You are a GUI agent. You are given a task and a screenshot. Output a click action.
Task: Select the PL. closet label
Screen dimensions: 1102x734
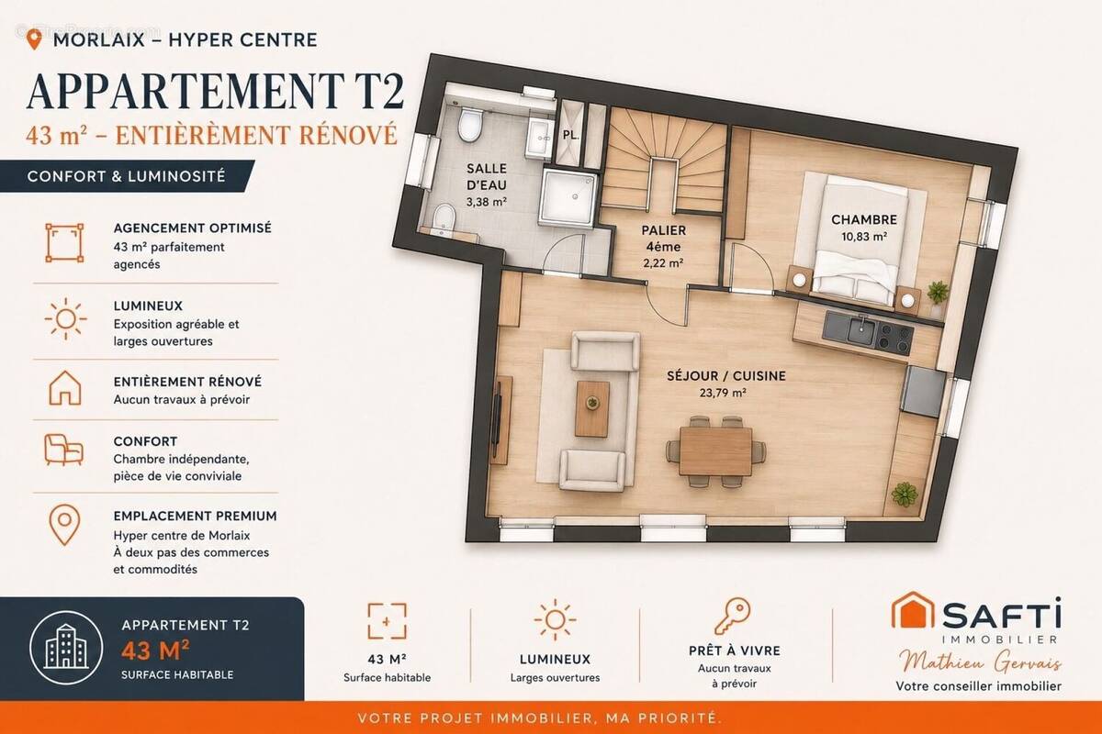pyautogui.click(x=570, y=135)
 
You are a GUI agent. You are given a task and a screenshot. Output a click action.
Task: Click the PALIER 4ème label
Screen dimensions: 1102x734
pyautogui.click(x=664, y=239)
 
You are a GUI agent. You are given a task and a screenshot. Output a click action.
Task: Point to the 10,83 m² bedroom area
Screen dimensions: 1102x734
pyautogui.click(x=864, y=237)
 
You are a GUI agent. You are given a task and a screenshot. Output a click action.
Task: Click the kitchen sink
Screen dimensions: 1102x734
pyautogui.click(x=861, y=330)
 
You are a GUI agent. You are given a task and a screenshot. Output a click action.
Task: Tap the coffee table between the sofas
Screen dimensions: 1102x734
pyautogui.click(x=593, y=408)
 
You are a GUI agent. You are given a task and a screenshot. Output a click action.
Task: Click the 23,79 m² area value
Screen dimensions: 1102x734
pyautogui.click(x=723, y=393)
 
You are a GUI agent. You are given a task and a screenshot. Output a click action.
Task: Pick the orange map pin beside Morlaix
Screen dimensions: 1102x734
pyautogui.click(x=34, y=39)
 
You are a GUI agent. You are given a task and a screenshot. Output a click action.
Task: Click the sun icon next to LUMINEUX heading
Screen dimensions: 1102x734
pyautogui.click(x=65, y=318)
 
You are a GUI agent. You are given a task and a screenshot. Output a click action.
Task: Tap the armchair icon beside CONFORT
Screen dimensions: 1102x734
pyautogui.click(x=63, y=450)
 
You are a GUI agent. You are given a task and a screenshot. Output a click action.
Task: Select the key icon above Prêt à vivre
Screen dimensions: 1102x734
pyautogui.click(x=733, y=616)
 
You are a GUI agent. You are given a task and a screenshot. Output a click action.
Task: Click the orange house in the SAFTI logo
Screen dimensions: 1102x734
pyautogui.click(x=913, y=610)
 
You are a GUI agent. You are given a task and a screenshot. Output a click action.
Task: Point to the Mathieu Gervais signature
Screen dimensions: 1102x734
pyautogui.click(x=980, y=662)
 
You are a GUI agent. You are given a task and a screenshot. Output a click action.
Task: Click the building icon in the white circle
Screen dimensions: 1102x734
pyautogui.click(x=66, y=647)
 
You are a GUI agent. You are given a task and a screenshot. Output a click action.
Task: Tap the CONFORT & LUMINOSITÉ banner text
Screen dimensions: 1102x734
pyautogui.click(x=127, y=176)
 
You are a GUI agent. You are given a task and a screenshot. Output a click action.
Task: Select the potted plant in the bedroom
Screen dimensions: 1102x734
pyautogui.click(x=938, y=296)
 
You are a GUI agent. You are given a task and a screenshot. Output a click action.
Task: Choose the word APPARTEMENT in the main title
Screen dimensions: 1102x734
pyautogui.click(x=186, y=92)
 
